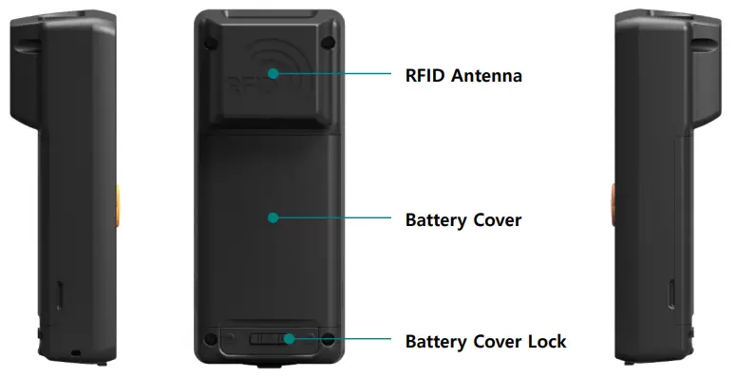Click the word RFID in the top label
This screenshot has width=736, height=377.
424,75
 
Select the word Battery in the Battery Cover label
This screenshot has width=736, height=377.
436,220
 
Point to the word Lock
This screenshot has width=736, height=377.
547,341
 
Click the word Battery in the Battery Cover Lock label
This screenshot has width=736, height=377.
436,341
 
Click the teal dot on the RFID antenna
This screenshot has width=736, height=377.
273,72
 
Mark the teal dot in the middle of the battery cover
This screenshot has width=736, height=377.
273,217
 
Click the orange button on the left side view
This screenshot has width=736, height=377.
120,199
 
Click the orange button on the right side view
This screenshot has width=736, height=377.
613,199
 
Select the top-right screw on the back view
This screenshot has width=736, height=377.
328,41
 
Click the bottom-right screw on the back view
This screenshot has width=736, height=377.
328,338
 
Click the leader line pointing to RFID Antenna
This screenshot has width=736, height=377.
332,73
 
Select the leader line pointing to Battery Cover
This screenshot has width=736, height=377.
332,217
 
